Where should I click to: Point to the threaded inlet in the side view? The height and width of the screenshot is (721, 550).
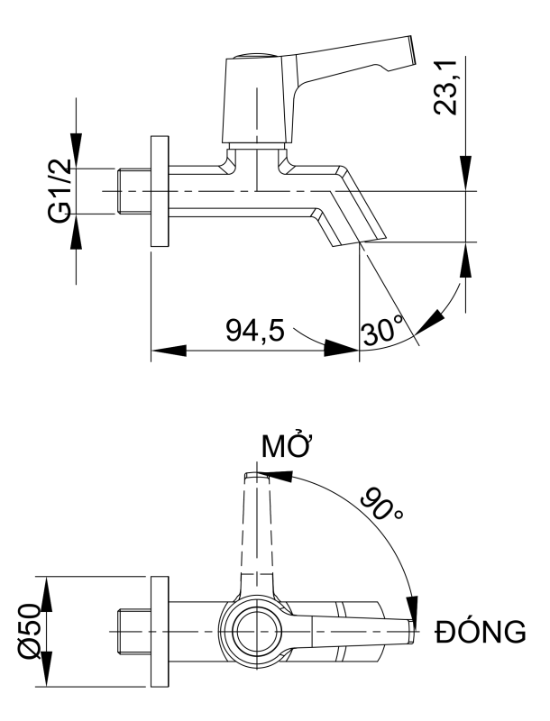point(135,191)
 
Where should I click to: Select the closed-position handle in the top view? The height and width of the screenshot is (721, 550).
point(361,631)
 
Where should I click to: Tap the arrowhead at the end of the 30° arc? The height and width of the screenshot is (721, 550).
point(438,317)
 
